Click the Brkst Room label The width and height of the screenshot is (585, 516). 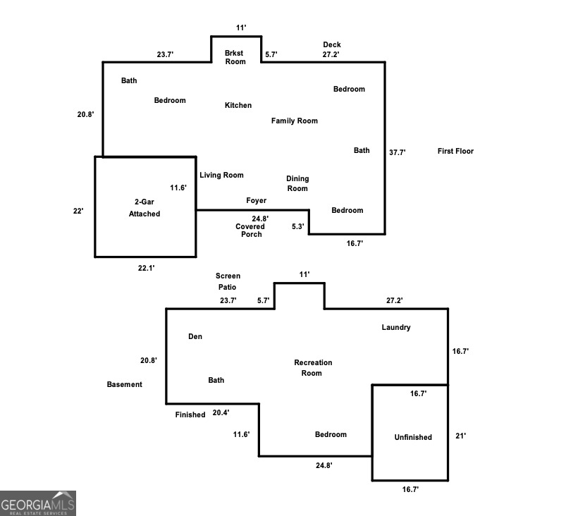click(235, 57)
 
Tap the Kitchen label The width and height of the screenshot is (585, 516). click(238, 105)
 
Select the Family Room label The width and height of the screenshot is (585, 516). click(295, 121)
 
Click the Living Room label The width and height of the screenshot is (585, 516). click(221, 175)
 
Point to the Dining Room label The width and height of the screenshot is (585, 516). click(297, 183)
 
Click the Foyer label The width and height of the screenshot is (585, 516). click(256, 201)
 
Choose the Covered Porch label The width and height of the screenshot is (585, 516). click(251, 230)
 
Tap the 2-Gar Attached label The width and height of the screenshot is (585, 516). click(144, 208)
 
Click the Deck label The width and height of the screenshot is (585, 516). click(332, 45)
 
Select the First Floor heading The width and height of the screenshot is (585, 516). click(455, 151)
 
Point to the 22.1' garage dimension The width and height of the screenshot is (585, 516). click(145, 268)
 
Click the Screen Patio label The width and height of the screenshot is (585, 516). click(228, 281)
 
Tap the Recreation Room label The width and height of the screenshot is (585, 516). click(313, 367)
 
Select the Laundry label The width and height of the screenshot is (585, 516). click(396, 327)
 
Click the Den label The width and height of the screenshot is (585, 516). click(195, 336)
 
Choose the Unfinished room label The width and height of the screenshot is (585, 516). click(413, 437)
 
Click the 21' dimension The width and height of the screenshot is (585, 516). click(461, 436)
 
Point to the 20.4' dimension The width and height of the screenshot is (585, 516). click(221, 413)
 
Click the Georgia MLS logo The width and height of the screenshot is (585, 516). click(38, 503)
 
